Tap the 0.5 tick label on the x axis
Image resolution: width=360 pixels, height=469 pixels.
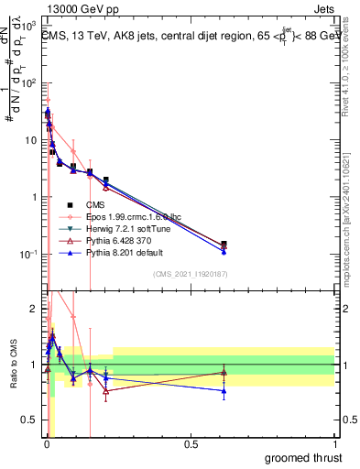pyautogui.click(x=191, y=444)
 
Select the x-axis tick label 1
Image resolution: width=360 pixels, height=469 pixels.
pyautogui.click(x=333, y=444)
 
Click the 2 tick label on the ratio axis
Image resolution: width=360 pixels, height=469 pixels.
pyautogui.click(x=35, y=309)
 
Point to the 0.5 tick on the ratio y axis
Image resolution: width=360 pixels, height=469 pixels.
pyautogui.click(x=30, y=421)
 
